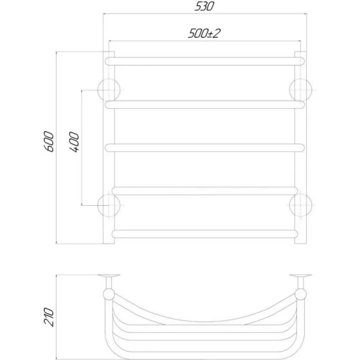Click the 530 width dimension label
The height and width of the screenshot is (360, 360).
click(204, 6)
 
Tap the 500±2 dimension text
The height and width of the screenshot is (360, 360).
click(204, 33)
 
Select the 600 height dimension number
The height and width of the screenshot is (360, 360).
click(49, 142)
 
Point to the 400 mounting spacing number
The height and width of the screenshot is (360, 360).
click(74, 142)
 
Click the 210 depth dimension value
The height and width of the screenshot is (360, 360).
click(49, 317)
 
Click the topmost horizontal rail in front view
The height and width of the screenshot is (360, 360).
click(205, 61)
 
